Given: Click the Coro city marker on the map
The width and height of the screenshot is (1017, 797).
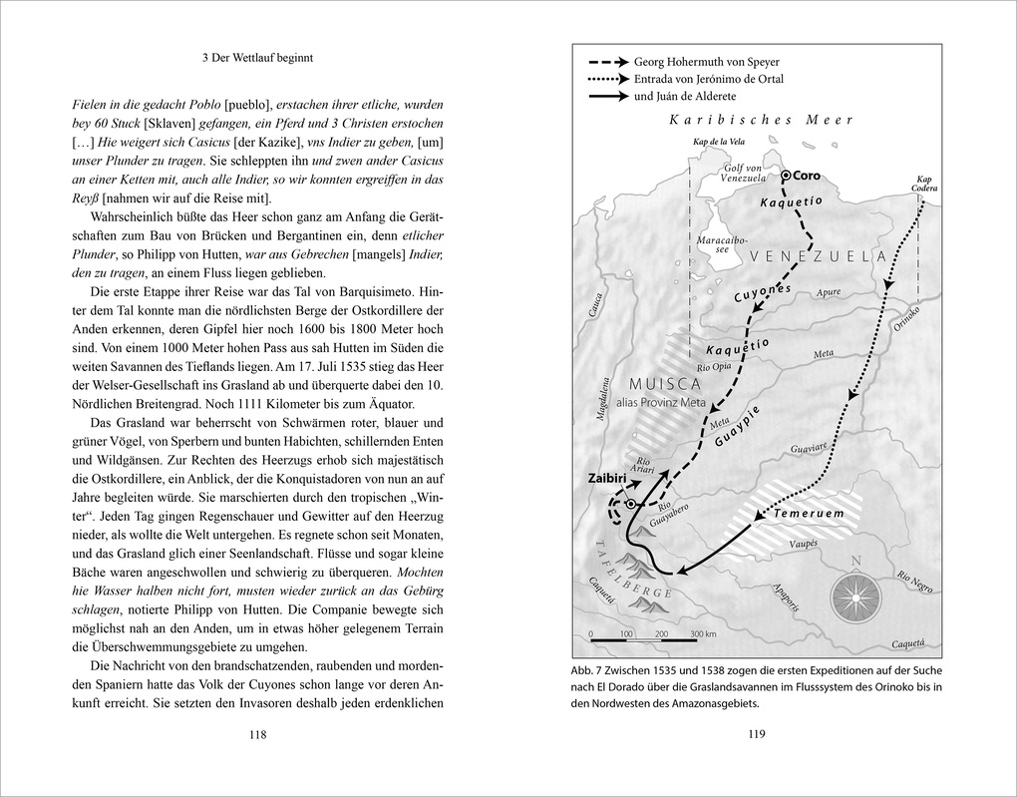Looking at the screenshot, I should coord(786,176).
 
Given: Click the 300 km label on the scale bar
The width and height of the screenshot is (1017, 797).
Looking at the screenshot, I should coord(704,634).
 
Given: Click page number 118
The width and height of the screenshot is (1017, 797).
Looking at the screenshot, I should coord(257,735).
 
